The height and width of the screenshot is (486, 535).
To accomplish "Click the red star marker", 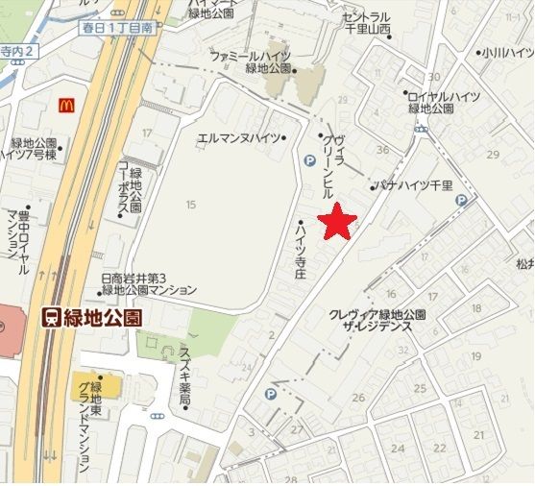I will click(x=337, y=222).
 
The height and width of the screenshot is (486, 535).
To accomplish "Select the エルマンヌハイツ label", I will click(x=240, y=137).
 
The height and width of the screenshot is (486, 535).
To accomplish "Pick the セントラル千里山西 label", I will click(x=366, y=24).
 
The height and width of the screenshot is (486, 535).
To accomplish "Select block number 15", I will click(x=190, y=204).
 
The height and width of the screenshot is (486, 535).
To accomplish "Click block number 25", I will click(x=420, y=388).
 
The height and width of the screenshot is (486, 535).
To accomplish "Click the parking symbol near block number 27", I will click(x=270, y=394).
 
